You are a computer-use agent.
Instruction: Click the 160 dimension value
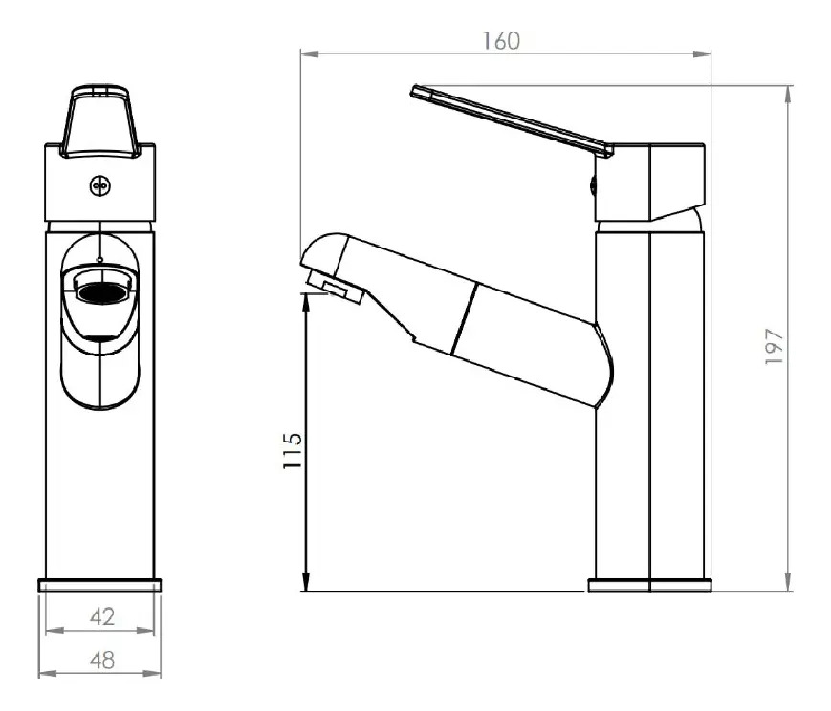coord(501,41)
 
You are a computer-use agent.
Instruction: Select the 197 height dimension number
coord(775,346)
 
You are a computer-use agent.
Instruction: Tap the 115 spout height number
coord(292,450)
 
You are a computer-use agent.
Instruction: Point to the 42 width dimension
coord(102,616)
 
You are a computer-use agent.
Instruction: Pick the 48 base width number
coord(102,660)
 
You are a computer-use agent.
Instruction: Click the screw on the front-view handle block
coord(99,186)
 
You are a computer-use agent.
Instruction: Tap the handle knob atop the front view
coord(99,121)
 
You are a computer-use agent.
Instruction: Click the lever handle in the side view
coord(512,120)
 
